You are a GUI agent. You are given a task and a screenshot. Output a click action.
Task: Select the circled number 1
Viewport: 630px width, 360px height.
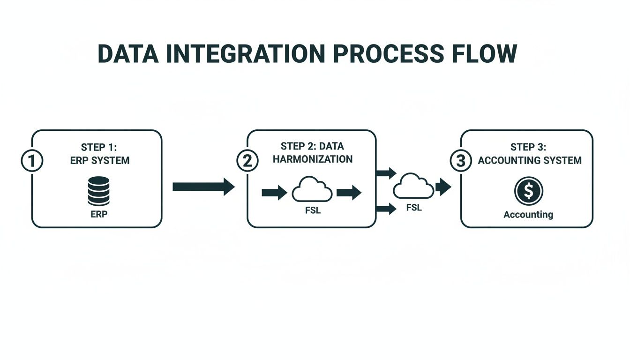[32, 161]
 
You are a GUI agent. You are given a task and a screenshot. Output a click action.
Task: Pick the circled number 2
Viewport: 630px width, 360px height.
[247, 161]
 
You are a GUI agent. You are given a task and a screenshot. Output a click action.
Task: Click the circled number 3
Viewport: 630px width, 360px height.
[461, 161]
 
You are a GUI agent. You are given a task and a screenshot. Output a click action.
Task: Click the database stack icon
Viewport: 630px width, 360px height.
[98, 191]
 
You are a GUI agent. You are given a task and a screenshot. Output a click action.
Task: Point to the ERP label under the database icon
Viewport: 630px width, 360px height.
[98, 214]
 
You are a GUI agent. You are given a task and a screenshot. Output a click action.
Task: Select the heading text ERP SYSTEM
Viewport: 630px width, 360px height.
[99, 160]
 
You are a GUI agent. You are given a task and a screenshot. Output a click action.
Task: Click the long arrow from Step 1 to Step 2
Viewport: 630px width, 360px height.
[203, 187]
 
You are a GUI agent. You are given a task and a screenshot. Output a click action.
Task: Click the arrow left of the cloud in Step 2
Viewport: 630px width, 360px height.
[274, 192]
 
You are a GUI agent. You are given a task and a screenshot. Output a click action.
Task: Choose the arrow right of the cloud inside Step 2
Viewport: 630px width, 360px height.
[349, 192]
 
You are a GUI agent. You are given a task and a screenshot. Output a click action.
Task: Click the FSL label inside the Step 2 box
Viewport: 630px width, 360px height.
[313, 210]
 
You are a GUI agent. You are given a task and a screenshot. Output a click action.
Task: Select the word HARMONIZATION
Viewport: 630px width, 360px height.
[313, 159]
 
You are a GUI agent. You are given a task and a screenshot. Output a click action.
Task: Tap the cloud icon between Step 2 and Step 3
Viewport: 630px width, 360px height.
[413, 187]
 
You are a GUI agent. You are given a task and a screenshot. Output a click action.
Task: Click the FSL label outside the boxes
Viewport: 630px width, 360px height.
[413, 207]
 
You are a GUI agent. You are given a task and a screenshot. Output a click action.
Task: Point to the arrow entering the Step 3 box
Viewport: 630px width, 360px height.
[443, 187]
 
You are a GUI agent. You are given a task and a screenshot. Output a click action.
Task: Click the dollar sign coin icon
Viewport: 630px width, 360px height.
[528, 191]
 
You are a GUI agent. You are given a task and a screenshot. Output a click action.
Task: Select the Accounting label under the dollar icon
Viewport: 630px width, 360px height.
[528, 215]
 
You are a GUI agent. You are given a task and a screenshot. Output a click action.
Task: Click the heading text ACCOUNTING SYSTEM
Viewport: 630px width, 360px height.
[530, 160]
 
